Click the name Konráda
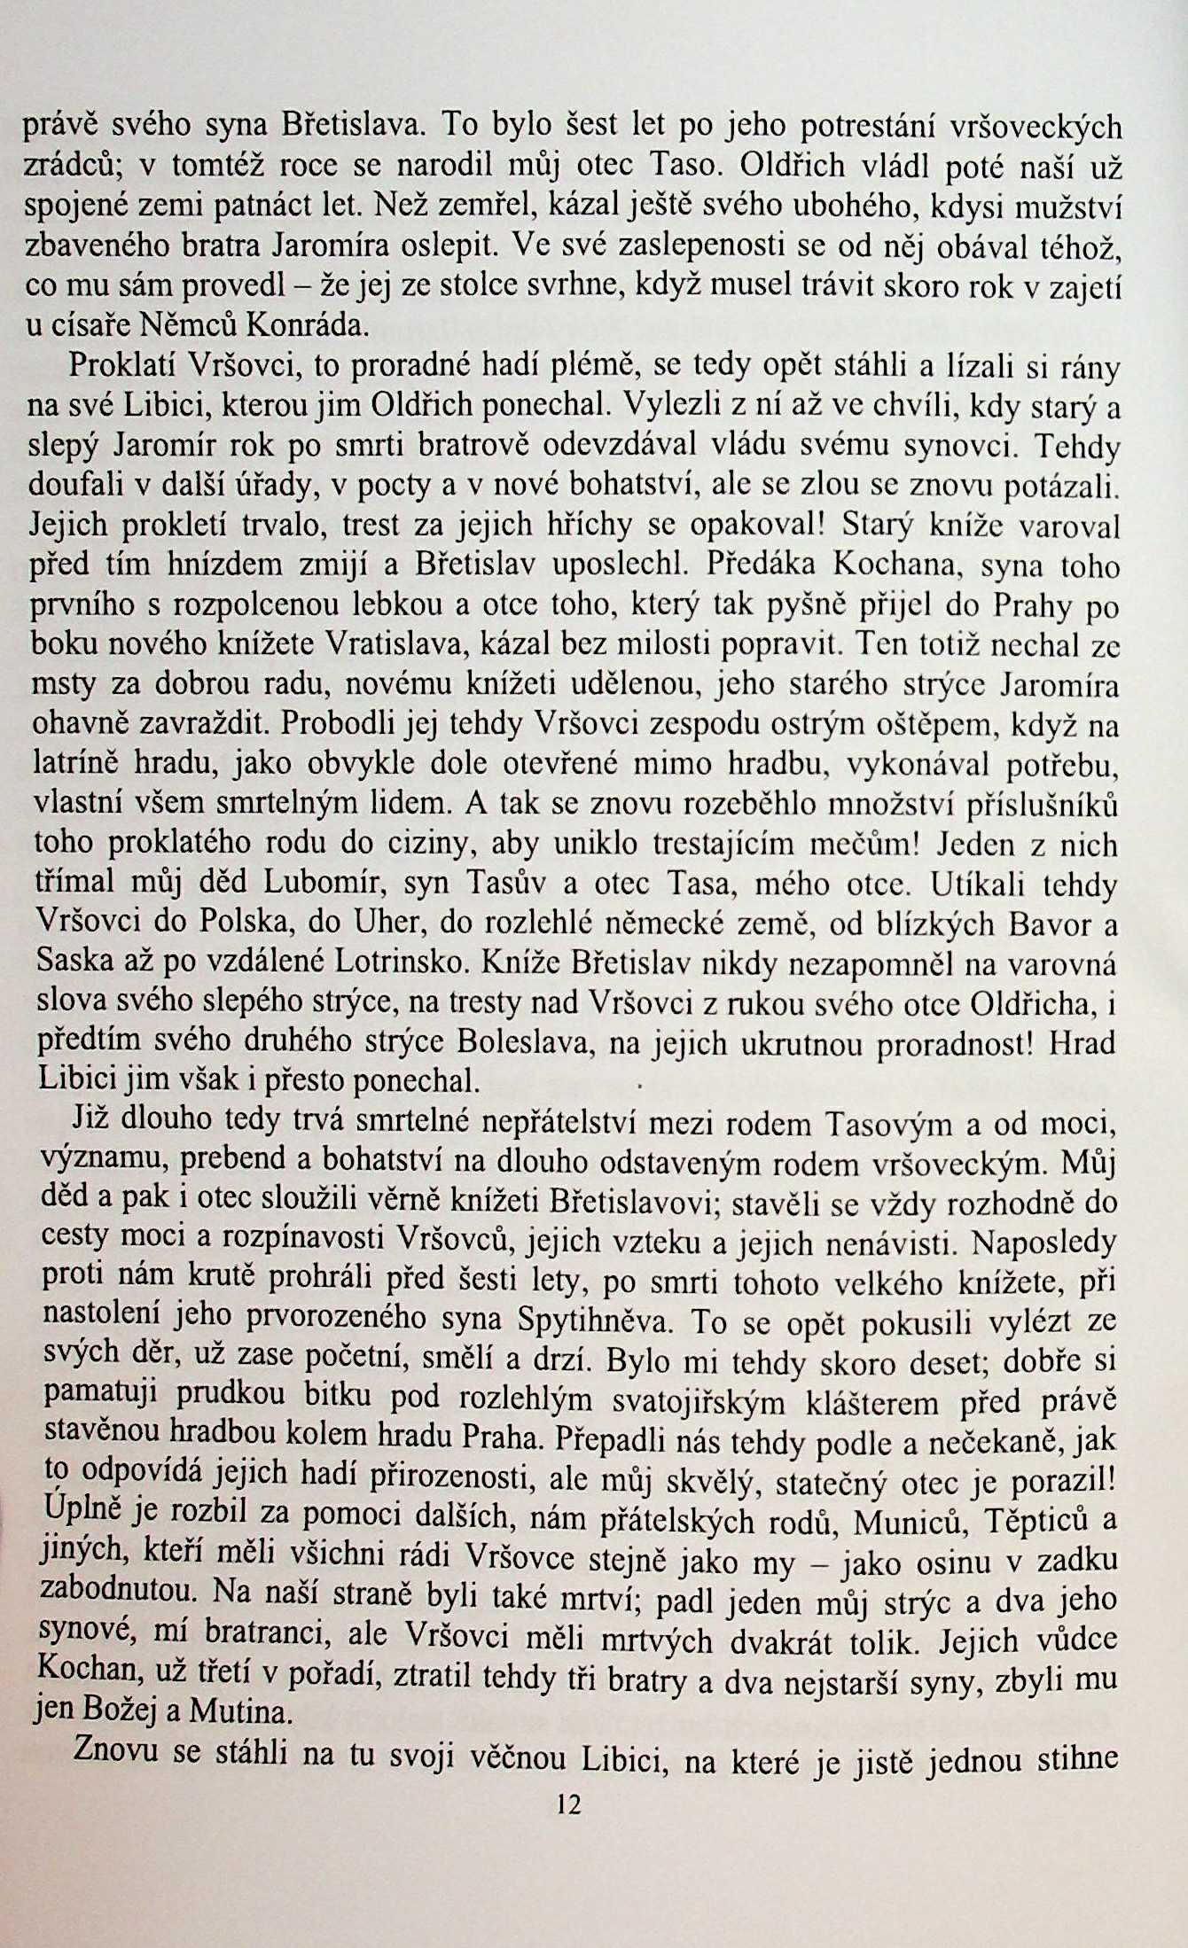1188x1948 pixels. point(306,325)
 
